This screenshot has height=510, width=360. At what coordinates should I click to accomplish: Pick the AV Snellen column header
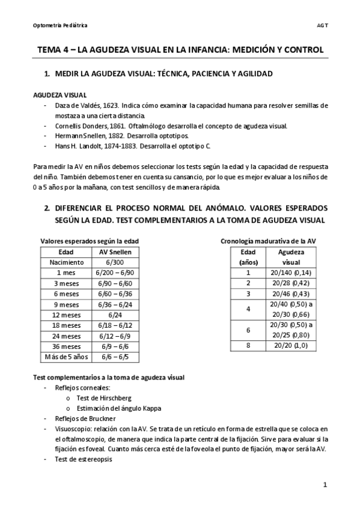point(115,252)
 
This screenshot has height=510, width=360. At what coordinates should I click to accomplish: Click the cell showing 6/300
point(115,262)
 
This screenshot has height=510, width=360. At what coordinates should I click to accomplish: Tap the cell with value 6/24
point(115,315)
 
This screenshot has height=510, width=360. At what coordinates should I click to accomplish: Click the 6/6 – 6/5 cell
point(115,357)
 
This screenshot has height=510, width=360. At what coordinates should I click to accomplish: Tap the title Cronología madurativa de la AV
point(268,241)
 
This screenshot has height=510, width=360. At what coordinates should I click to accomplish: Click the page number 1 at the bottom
point(325,485)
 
